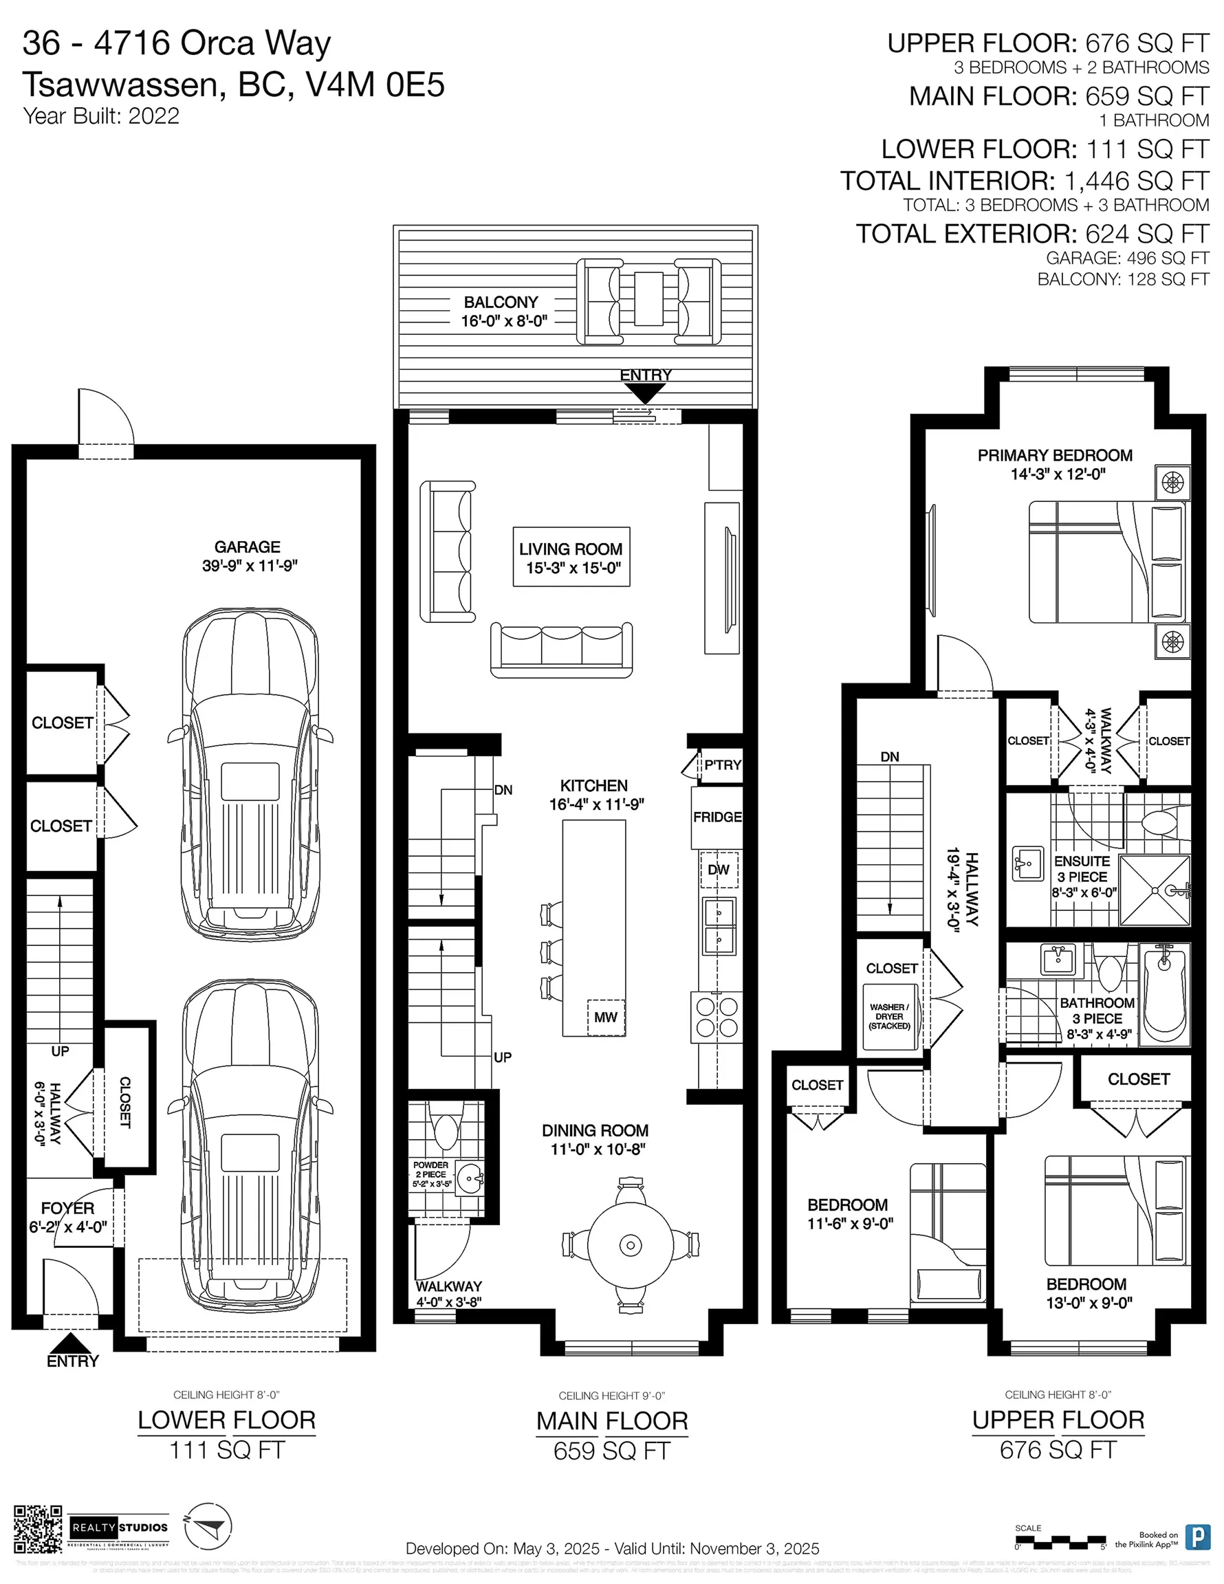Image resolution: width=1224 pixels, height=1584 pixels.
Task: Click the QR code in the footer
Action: pyautogui.click(x=38, y=1529)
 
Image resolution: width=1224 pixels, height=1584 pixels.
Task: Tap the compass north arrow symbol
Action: pyautogui.click(x=208, y=1528)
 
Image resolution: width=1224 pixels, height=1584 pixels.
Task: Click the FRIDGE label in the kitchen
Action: pyautogui.click(x=717, y=817)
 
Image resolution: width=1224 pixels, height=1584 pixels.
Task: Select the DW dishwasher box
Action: pyautogui.click(x=719, y=870)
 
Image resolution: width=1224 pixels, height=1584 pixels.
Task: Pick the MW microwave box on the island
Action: pyautogui.click(x=605, y=1017)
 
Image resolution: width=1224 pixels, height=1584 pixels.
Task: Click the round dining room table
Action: pyautogui.click(x=630, y=1245)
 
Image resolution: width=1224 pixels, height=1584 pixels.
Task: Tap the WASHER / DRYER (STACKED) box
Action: pyautogui.click(x=890, y=1016)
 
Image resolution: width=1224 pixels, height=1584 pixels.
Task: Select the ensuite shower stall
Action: pyautogui.click(x=1155, y=890)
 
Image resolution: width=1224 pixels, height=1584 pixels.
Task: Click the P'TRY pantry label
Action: pyautogui.click(x=722, y=764)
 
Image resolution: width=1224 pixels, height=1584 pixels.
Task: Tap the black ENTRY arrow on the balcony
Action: pyautogui.click(x=644, y=393)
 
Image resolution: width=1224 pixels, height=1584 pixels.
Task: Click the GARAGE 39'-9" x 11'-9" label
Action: pyautogui.click(x=249, y=556)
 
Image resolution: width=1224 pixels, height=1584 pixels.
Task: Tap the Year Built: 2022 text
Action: pyautogui.click(x=101, y=116)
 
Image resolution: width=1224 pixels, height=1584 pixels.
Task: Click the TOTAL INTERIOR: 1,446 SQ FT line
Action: pyautogui.click(x=1025, y=181)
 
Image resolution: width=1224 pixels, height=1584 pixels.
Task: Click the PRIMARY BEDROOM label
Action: pyautogui.click(x=1054, y=456)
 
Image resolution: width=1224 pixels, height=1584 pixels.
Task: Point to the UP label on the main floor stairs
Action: pyautogui.click(x=502, y=1057)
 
